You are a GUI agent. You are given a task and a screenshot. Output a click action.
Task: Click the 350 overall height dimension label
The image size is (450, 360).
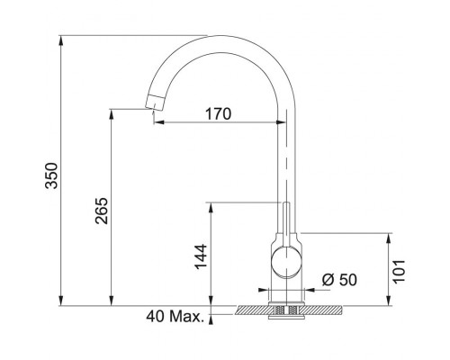point(51,175)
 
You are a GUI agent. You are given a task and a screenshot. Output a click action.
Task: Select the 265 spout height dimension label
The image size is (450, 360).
point(101,211)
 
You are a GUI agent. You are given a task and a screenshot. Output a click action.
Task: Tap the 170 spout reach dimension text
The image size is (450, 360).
point(219,114)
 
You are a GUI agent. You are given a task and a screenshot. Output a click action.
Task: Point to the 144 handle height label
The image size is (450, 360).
point(201,256)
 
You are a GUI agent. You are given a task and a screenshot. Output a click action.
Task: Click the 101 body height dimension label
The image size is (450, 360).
point(399,272)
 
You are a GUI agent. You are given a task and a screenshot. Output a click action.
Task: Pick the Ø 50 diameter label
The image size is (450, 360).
point(339,280)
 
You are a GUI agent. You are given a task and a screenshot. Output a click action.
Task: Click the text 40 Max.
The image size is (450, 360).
point(175,316)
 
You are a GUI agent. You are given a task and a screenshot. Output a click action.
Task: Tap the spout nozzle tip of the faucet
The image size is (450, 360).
point(155,103)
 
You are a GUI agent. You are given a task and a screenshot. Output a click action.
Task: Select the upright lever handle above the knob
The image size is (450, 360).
point(286,224)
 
